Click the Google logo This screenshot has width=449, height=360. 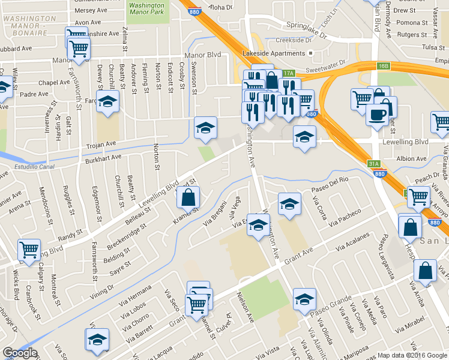20,353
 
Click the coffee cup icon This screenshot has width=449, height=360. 376,114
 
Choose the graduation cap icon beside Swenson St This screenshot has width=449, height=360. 205,127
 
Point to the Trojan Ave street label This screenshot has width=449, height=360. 101,145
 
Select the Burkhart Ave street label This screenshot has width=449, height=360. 103,159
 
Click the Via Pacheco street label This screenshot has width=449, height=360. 345,217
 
